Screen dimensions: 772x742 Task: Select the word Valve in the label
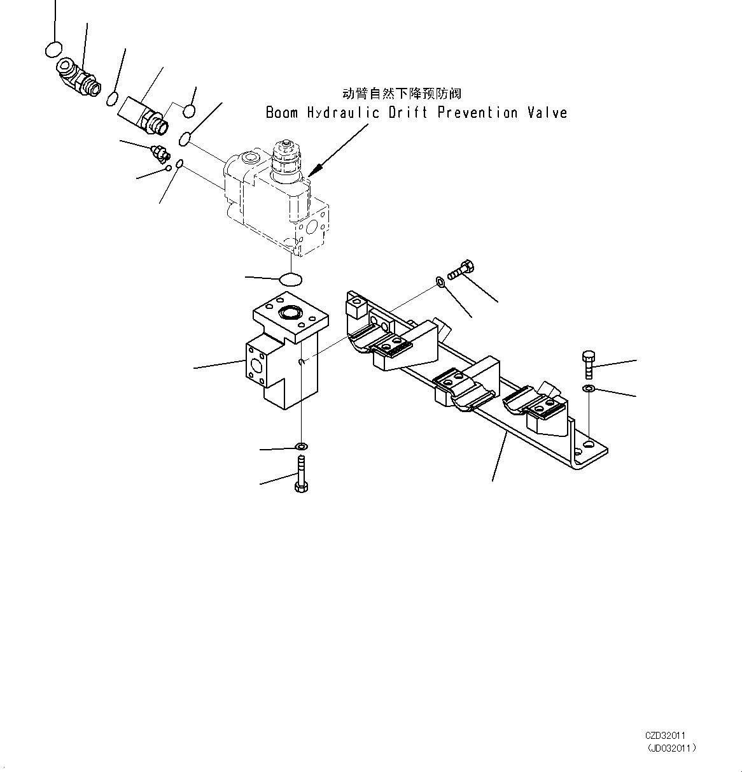tap(547, 113)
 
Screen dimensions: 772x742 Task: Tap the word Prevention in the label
tap(477, 113)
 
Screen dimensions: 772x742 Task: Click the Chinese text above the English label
tap(402, 94)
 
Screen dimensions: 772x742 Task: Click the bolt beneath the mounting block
tap(301, 473)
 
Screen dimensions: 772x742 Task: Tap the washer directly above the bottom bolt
tap(302, 445)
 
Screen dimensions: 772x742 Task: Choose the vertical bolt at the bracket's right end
tap(588, 364)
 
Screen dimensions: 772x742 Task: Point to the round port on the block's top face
tap(290, 312)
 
